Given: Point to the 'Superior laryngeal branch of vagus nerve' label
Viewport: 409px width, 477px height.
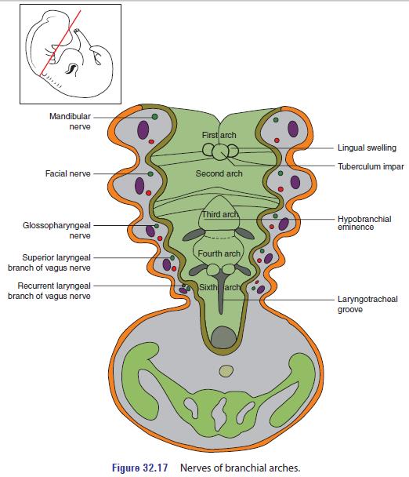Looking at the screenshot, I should click(54, 261).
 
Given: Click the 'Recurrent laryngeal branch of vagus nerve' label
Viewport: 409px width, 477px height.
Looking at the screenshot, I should click(54, 290).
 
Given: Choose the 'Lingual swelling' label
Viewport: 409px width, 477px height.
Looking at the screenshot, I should click(366, 147).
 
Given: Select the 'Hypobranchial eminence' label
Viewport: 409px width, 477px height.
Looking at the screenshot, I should click(364, 223).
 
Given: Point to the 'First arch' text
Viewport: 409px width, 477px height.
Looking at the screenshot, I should click(218, 136).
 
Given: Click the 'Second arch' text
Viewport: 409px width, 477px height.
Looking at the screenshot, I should click(219, 173).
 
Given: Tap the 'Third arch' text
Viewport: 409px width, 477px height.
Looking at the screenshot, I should click(219, 215).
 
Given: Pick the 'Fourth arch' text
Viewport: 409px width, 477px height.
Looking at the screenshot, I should click(219, 254).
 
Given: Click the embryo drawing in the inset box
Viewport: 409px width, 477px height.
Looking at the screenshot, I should click(67, 53).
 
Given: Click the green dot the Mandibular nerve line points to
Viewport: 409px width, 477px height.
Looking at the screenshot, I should click(154, 115).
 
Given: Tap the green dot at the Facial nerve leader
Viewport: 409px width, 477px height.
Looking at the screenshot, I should click(150, 173).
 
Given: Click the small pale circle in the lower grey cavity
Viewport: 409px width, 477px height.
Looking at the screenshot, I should click(226, 370).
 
